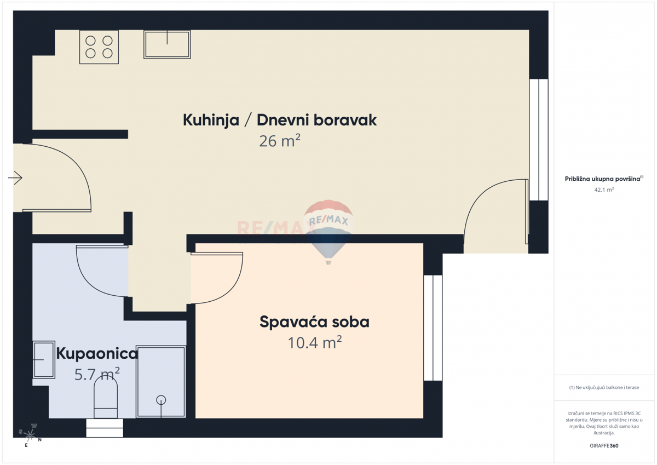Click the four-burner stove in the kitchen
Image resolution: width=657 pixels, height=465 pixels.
(x=99, y=47)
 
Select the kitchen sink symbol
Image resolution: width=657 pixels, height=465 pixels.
(x=167, y=44)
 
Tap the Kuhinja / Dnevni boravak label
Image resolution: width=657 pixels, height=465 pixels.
(x=280, y=120)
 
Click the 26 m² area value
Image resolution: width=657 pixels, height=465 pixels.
(x=280, y=141)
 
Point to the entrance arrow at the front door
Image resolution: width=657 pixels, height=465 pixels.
(x=15, y=178)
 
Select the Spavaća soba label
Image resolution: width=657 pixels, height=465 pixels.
(x=314, y=322)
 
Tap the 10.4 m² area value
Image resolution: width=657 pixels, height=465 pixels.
(x=314, y=343)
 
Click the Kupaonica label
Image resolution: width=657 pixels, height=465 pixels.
(x=97, y=354)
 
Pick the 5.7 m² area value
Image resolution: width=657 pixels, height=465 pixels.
(x=97, y=375)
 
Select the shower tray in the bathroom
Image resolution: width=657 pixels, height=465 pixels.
(x=161, y=381)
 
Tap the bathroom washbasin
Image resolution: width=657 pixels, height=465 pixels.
(x=44, y=359)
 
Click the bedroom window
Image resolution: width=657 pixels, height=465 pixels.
(x=433, y=328)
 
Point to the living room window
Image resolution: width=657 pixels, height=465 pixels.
(x=539, y=140)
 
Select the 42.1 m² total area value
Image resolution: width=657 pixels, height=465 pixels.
(x=604, y=190)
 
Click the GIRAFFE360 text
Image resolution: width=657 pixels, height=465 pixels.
(x=604, y=446)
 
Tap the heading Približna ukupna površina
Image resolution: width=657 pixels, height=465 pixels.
(x=603, y=179)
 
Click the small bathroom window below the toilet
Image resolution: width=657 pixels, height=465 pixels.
(x=105, y=428)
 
